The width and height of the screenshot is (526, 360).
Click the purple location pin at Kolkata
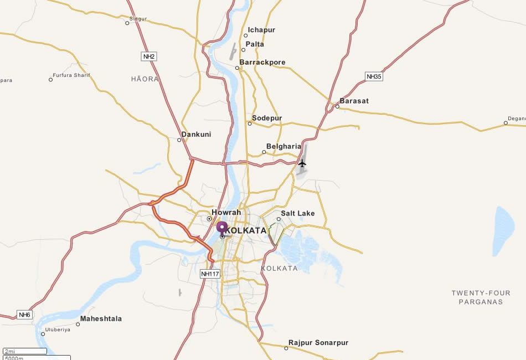click(222, 228)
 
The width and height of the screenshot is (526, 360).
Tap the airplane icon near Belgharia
click(302, 163)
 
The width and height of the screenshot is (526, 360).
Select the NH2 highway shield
click(148, 56)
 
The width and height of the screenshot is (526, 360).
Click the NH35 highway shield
click(374, 76)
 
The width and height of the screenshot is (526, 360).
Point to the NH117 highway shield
click(210, 274)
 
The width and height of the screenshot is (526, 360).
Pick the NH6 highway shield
click(25, 315)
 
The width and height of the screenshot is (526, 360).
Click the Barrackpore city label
click(262, 63)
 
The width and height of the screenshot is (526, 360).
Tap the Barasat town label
click(354, 101)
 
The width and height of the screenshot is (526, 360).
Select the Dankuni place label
click(196, 135)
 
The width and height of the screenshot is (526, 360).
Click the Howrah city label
click(226, 212)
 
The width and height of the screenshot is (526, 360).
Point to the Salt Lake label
click(298, 213)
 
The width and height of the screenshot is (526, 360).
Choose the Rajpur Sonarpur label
click(318, 343)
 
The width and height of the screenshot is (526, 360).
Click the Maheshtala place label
click(101, 319)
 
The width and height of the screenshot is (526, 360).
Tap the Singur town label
click(138, 19)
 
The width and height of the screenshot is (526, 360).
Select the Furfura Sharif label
click(71, 75)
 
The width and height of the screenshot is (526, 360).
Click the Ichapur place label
click(261, 30)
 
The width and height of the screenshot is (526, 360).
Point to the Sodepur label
click(267, 119)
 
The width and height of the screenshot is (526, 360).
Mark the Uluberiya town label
click(59, 329)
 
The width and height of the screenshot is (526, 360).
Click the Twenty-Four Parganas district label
click(477, 297)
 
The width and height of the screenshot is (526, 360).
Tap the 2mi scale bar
click(25, 351)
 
